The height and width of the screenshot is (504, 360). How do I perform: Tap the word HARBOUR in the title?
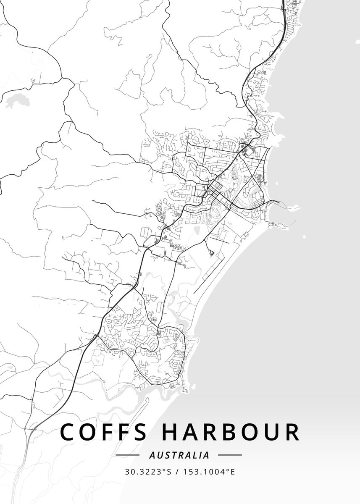(231, 432)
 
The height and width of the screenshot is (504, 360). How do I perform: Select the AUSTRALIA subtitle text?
(179, 455)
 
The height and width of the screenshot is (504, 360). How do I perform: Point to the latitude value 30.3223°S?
(147, 472)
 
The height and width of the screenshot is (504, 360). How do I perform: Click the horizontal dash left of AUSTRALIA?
(127, 455)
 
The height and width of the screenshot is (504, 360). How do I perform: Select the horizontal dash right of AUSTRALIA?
(230, 455)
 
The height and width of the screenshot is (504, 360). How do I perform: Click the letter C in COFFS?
(69, 432)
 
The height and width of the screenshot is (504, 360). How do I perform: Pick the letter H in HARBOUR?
(170, 432)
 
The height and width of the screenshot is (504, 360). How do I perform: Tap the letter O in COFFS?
(90, 432)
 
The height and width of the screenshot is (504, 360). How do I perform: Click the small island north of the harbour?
(277, 184)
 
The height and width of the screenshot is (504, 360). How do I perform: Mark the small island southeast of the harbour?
(304, 236)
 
